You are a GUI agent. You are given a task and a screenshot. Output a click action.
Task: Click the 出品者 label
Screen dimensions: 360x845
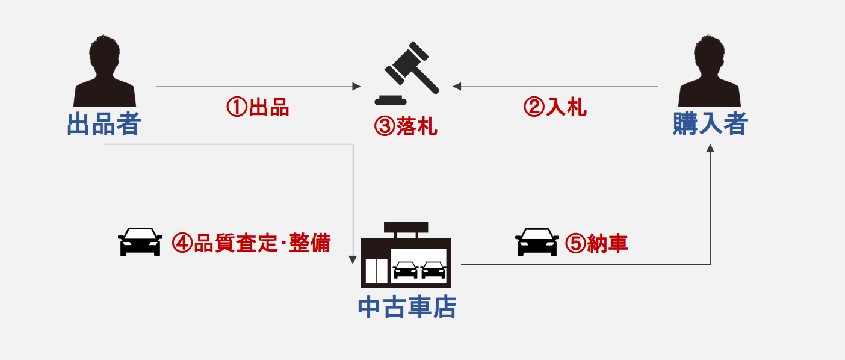tap(104, 125)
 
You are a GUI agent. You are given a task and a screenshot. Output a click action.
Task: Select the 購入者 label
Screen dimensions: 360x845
tap(710, 125)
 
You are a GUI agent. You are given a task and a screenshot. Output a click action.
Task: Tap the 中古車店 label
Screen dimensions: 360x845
tap(407, 307)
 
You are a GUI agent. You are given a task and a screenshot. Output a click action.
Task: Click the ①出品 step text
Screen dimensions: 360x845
tap(258, 108)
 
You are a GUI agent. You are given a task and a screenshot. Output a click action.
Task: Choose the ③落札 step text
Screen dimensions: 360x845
tap(406, 126)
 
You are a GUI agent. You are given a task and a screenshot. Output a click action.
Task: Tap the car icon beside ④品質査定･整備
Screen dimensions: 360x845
tap(140, 242)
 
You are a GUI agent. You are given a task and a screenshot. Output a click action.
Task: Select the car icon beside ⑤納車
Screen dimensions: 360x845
tap(537, 242)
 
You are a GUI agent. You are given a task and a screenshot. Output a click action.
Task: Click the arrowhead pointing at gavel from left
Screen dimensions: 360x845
tap(356, 87)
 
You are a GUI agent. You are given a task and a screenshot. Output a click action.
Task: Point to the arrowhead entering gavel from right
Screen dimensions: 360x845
tap(457, 87)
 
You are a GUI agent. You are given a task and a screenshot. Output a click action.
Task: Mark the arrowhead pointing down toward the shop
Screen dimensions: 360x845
tap(353, 260)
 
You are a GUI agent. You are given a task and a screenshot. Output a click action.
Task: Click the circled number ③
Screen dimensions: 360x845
tap(384, 126)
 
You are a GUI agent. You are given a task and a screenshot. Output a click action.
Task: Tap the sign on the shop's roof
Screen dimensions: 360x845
tap(406, 228)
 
